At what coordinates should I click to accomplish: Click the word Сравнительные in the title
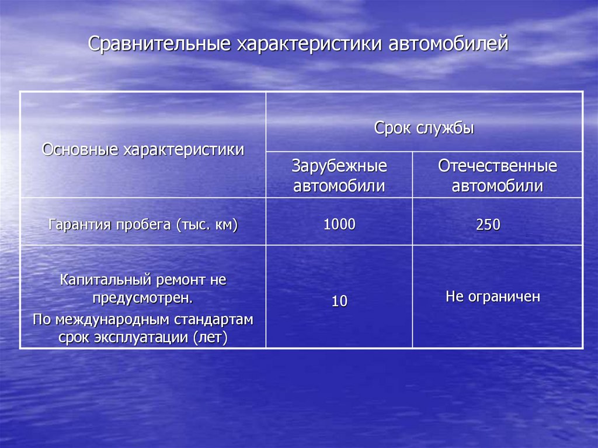pyautogui.click(x=159, y=43)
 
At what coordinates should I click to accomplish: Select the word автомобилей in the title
pyautogui.click(x=448, y=43)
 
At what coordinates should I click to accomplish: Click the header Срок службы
pyautogui.click(x=424, y=128)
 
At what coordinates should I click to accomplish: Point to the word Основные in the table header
pyautogui.click(x=80, y=149)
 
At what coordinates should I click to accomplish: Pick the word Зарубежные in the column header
pyautogui.click(x=339, y=166)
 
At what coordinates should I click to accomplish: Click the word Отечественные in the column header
pyautogui.click(x=498, y=166)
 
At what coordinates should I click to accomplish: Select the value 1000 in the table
pyautogui.click(x=339, y=224)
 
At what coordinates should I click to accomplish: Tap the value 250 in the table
pyautogui.click(x=488, y=224)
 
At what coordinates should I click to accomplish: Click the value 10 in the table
pyautogui.click(x=339, y=301)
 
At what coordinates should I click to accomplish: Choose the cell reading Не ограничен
pyautogui.click(x=493, y=297)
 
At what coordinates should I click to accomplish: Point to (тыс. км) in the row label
pyautogui.click(x=207, y=224)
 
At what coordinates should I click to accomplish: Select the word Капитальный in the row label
pyautogui.click(x=105, y=280)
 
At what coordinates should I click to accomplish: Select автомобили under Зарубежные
pyautogui.click(x=339, y=186)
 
